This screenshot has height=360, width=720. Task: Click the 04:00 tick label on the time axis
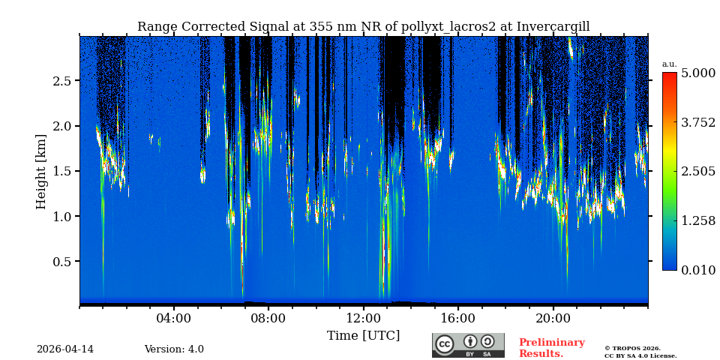174,318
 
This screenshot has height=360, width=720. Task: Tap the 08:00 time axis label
268,318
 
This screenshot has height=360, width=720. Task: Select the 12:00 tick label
363,318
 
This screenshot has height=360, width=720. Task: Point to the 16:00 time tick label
457,318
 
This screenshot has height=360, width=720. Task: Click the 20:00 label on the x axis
553,318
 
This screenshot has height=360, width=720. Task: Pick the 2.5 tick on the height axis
61,81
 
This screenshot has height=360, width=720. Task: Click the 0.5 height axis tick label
61,262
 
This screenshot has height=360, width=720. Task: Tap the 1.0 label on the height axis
61,217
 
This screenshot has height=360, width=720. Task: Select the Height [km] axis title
41,171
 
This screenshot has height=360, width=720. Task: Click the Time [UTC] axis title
363,335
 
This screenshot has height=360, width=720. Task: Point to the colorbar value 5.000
697,73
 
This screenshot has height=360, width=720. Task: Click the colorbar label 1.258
697,220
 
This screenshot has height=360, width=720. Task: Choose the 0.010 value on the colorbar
697,270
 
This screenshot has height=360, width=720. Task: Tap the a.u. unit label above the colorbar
669,64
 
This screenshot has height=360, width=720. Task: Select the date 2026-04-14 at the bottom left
65,349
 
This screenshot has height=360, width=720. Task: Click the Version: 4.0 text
174,349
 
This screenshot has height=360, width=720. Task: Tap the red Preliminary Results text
551,348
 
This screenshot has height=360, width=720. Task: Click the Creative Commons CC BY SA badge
468,345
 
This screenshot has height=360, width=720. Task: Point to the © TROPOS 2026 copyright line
632,348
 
